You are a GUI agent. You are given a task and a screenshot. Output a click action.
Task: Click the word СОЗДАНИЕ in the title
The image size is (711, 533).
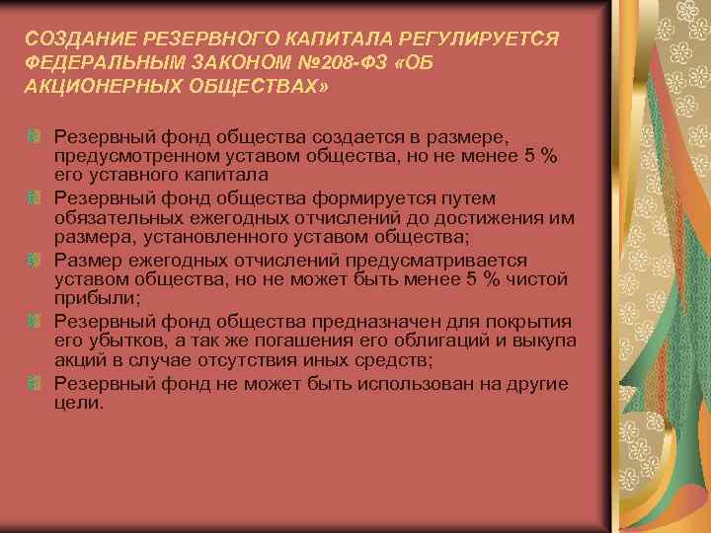tap(72, 38)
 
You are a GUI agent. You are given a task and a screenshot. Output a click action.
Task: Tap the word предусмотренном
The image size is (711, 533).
tap(122, 156)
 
